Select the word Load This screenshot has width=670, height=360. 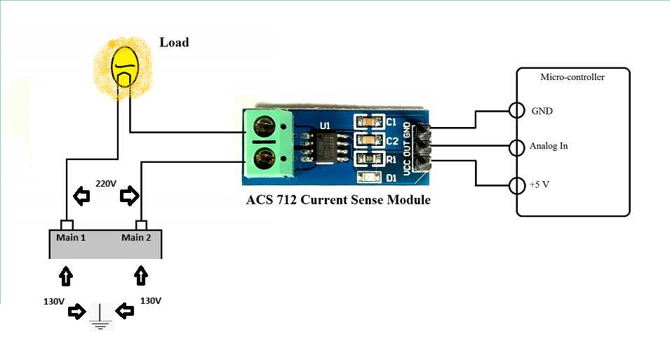pyautogui.click(x=174, y=43)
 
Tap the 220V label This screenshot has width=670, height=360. pyautogui.click(x=106, y=184)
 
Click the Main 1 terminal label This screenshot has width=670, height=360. pyautogui.click(x=71, y=237)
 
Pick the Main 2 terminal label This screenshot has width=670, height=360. pyautogui.click(x=136, y=237)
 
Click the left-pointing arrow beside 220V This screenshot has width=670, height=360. pyautogui.click(x=82, y=198)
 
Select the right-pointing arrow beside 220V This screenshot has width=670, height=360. pyautogui.click(x=130, y=197)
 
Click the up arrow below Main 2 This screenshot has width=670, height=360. pyautogui.click(x=141, y=275)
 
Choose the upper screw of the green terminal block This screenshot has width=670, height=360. pyautogui.click(x=265, y=127)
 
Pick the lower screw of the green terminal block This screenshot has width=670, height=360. pyautogui.click(x=265, y=156)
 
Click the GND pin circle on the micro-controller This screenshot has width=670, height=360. pyautogui.click(x=516, y=111)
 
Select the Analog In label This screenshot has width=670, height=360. pyautogui.click(x=549, y=147)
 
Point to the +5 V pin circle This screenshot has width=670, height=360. pyautogui.click(x=516, y=186)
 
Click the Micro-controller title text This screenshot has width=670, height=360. pyautogui.click(x=572, y=77)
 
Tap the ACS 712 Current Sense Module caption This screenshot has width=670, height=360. pyautogui.click(x=338, y=200)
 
